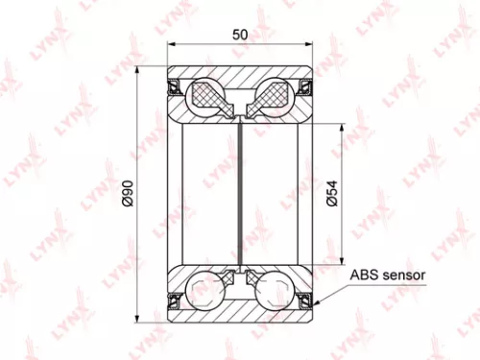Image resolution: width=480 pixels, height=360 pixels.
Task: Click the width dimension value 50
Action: (x=240, y=35)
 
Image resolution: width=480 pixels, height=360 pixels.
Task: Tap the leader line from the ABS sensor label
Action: (x=331, y=289)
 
